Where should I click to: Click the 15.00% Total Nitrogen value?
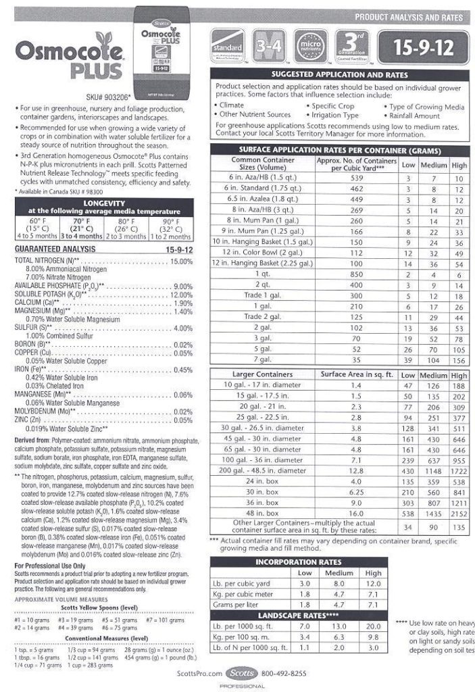[x=181, y=261]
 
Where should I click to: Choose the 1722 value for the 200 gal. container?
[x=459, y=470]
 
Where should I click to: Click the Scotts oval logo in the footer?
[x=241, y=673]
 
